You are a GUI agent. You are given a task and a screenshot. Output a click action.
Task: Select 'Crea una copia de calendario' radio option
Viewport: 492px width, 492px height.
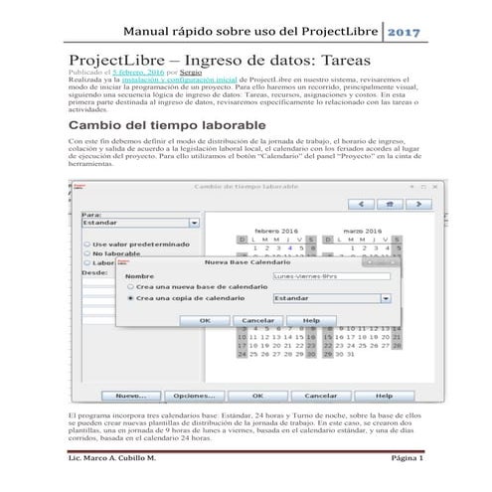coord(130,297)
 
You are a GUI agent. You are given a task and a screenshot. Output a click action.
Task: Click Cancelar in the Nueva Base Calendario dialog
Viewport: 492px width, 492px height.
coord(258,321)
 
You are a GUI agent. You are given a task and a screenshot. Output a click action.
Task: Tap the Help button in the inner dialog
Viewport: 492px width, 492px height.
coord(311,321)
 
